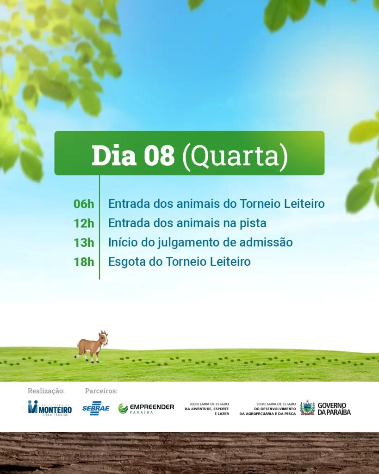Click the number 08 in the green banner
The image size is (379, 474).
(x=159, y=156)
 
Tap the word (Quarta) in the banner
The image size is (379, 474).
(x=235, y=156)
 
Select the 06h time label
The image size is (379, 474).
(x=84, y=204)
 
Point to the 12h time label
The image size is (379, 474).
(x=84, y=224)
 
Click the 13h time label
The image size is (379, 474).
(x=84, y=243)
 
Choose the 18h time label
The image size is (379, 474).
(x=84, y=262)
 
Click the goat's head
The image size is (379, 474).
(x=103, y=338)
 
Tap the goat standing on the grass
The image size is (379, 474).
(x=92, y=346)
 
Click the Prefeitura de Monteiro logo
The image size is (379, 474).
(x=50, y=408)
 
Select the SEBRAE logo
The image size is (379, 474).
(x=96, y=408)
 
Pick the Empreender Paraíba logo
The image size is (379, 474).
(x=146, y=408)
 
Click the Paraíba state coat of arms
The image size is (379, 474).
(x=307, y=408)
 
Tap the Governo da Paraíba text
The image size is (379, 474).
(x=334, y=409)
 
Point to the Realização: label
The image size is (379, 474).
(x=46, y=391)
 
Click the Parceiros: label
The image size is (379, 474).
(x=101, y=391)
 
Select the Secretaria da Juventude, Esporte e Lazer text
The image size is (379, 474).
(x=207, y=409)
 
